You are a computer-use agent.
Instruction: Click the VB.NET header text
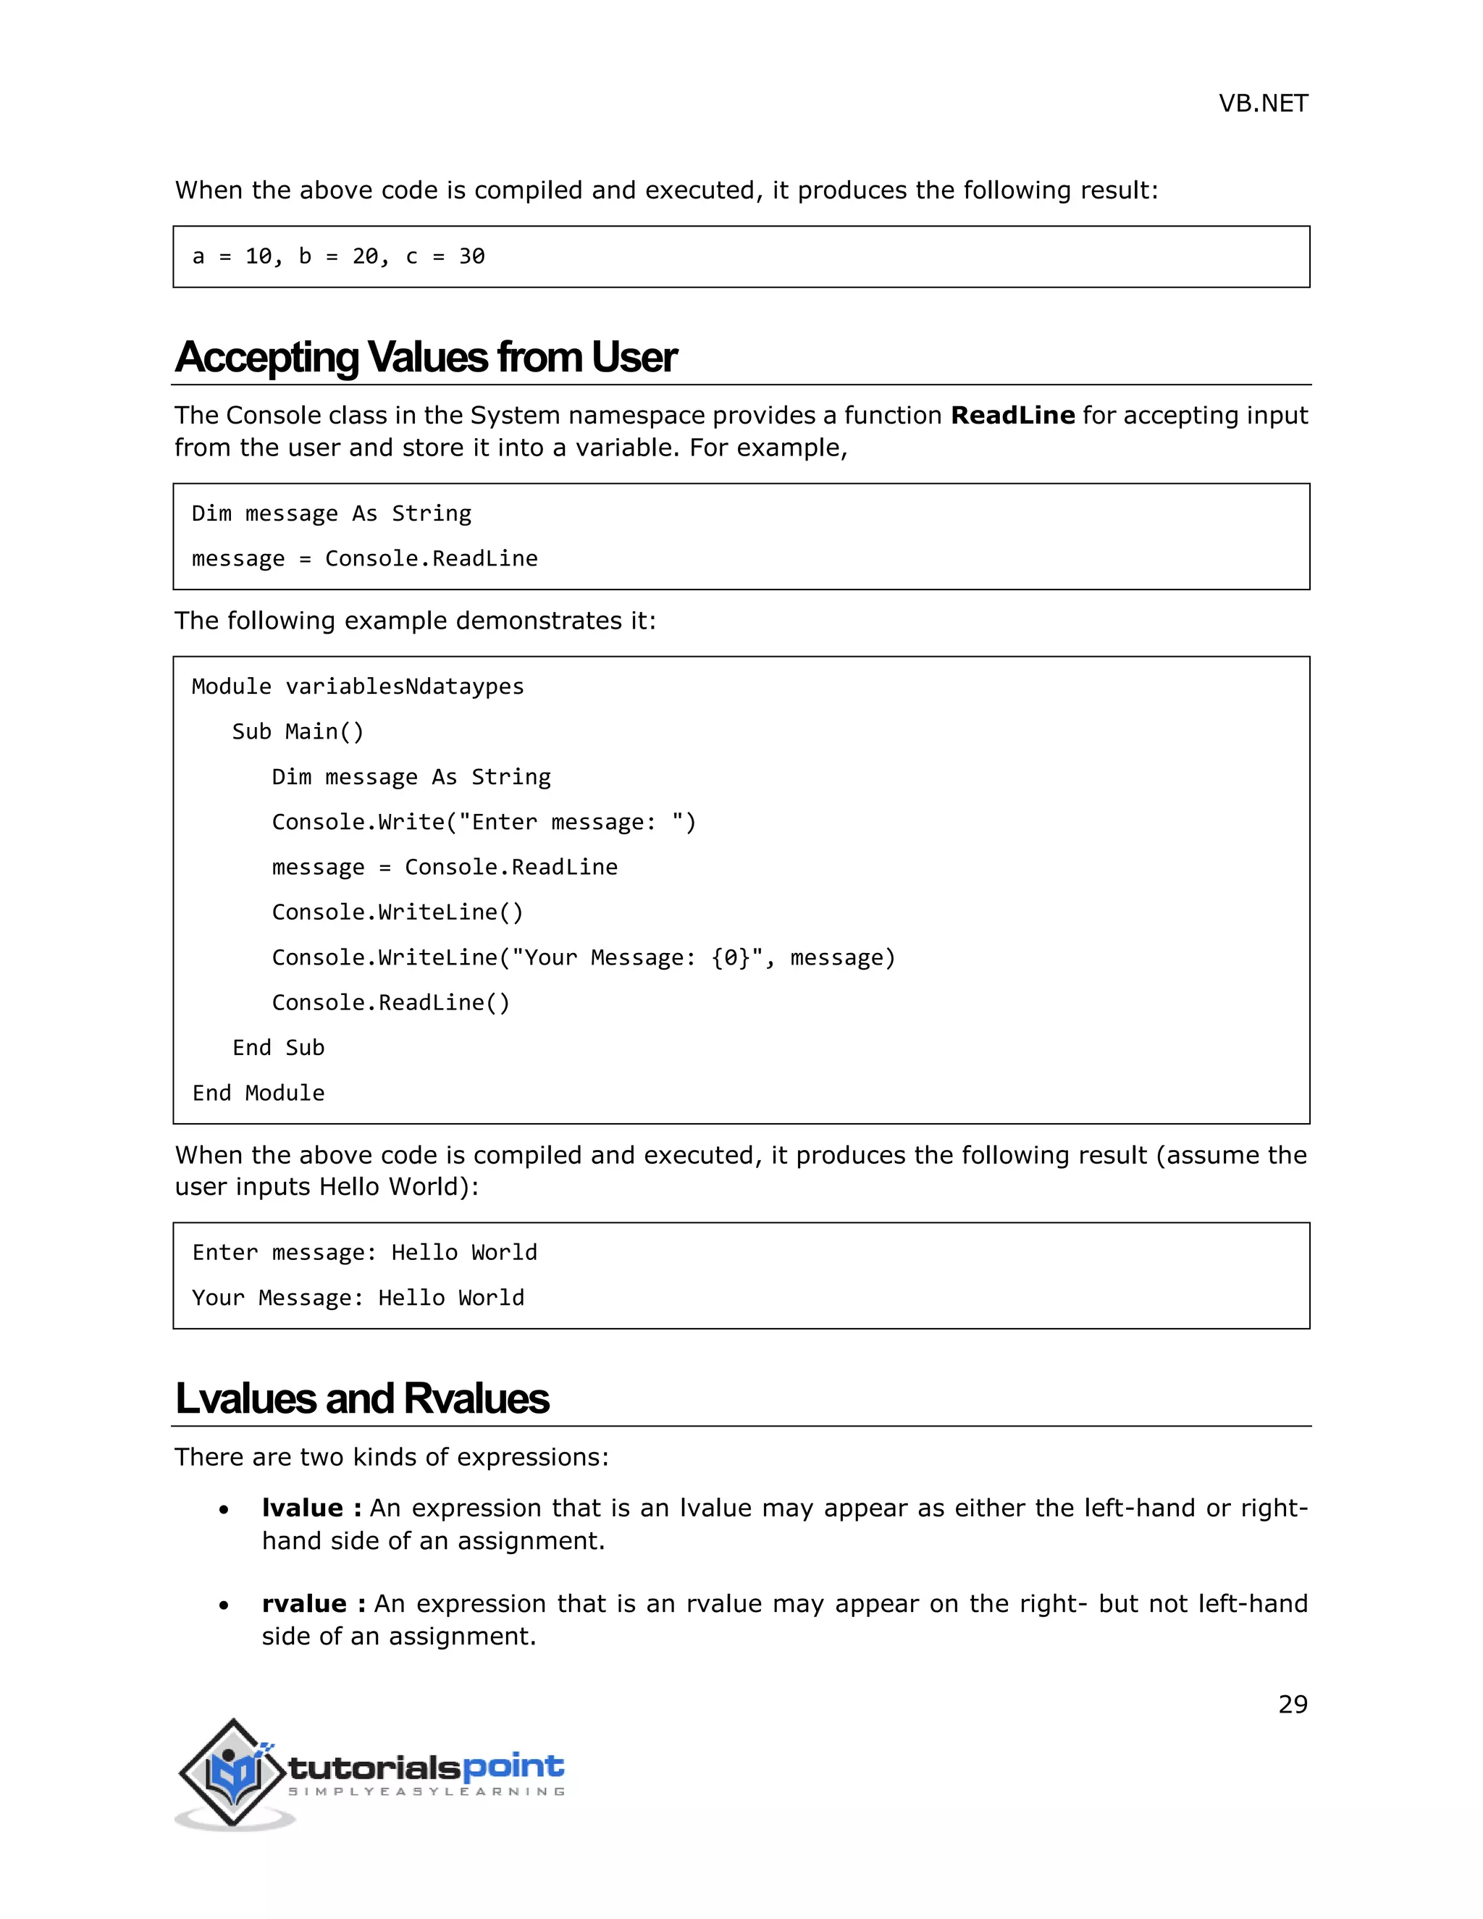[1262, 104]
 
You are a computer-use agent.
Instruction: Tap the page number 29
[1293, 1705]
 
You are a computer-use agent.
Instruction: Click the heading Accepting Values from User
[425, 358]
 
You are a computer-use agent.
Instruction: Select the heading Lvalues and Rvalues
[361, 1399]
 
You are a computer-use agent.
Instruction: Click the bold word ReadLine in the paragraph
[1012, 416]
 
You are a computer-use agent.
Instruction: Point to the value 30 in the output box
[472, 256]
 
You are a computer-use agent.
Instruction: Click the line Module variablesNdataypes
[358, 686]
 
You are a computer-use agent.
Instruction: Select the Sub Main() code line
[297, 732]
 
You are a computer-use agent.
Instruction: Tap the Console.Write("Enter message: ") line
[483, 823]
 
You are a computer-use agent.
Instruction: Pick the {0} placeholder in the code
[731, 958]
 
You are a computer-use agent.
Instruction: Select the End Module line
[259, 1093]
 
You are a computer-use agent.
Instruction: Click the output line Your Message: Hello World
[358, 1298]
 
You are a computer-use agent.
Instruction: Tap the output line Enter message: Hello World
[365, 1253]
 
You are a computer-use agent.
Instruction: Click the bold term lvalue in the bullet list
[302, 1508]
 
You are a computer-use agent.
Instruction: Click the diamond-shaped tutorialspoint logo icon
[233, 1773]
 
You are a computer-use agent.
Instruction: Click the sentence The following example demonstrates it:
[415, 621]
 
